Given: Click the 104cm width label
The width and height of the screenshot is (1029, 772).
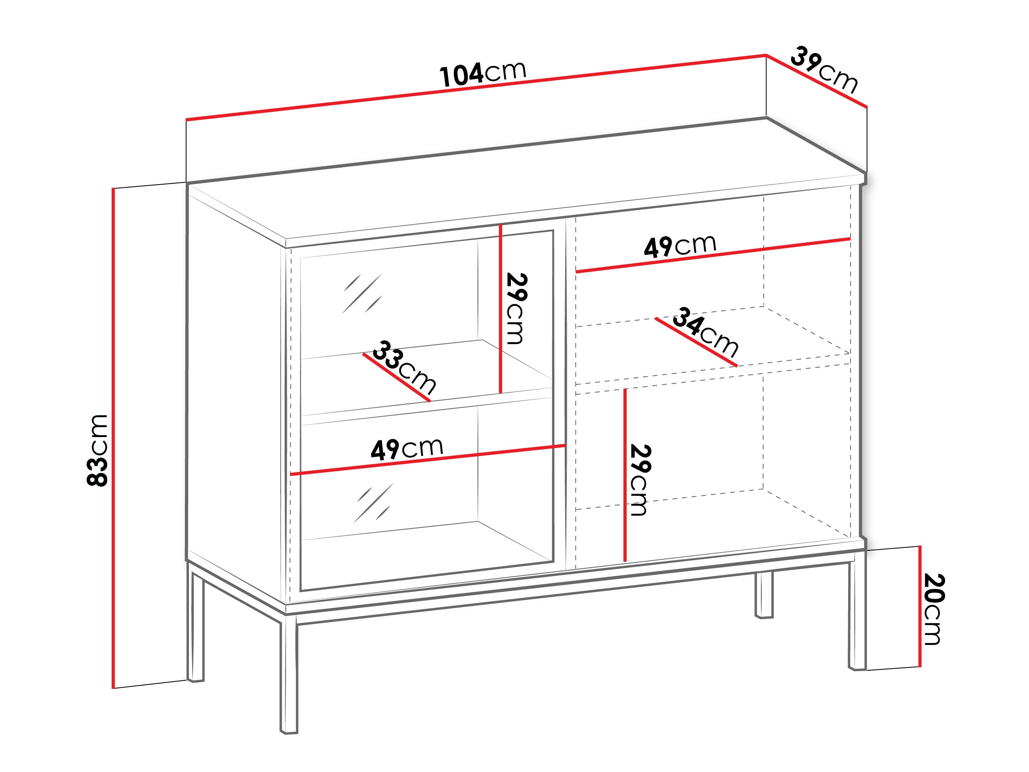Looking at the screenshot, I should [x=482, y=74].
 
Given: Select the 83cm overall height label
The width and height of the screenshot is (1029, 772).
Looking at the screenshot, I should [x=98, y=450].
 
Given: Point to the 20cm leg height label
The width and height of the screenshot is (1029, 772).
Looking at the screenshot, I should [x=933, y=609].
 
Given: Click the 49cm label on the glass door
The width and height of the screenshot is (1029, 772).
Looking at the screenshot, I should [x=407, y=449].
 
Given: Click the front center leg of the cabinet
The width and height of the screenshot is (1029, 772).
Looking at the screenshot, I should [x=289, y=675].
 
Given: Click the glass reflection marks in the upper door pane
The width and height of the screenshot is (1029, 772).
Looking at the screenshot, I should [x=362, y=294].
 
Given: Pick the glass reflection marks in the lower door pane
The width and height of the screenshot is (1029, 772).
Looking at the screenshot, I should [x=374, y=503].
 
